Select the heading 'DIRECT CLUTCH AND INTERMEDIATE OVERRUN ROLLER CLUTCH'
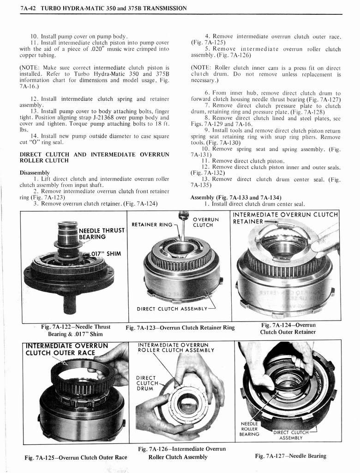94,158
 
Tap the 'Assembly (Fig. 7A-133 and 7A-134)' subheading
236,197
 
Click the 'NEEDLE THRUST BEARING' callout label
102,234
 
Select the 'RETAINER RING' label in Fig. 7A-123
152,225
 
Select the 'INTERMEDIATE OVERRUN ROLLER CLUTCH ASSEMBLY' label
175,347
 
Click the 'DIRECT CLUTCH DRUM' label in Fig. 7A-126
146,383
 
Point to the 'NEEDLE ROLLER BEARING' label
250,429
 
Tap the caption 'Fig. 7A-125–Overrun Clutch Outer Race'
76,458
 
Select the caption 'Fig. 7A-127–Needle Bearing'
290,456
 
